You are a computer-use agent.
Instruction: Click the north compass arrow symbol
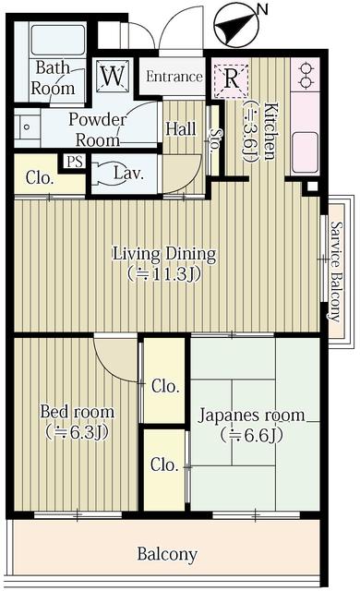[232, 25]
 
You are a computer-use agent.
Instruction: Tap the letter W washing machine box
[113, 77]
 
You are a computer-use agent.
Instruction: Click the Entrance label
[174, 77]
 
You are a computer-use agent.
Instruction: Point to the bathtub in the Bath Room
[56, 39]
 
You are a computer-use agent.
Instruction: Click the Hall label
[180, 129]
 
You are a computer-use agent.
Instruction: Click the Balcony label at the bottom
[167, 554]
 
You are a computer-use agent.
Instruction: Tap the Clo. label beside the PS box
[39, 177]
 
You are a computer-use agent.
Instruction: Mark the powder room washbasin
[28, 123]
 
